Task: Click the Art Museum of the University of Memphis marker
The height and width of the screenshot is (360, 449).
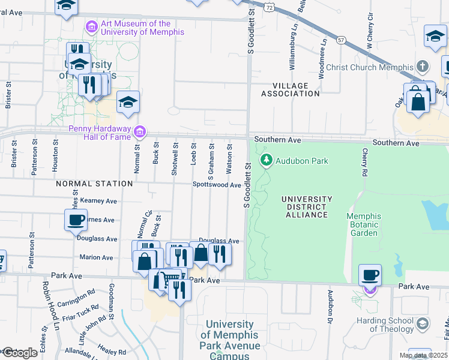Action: [x=91, y=27]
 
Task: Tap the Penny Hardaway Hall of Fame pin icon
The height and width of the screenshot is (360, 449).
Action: [x=140, y=131]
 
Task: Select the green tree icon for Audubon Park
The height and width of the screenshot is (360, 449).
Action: [x=266, y=160]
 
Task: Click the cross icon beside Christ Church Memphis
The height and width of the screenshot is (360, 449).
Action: [x=423, y=67]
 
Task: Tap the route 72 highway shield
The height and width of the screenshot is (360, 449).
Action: [x=271, y=7]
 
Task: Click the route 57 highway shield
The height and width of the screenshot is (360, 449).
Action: [x=341, y=40]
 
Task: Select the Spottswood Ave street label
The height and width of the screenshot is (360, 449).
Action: [x=216, y=185]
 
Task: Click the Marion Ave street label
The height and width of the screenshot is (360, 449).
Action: [x=96, y=257]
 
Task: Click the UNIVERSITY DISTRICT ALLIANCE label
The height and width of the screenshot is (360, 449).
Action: [x=306, y=207]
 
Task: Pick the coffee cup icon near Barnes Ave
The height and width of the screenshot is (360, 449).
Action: [x=76, y=220]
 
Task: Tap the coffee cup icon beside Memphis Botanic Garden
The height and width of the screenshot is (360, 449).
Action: [x=370, y=275]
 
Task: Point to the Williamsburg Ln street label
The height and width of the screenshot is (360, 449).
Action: [x=294, y=51]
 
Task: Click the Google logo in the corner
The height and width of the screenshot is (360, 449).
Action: [x=19, y=353]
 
